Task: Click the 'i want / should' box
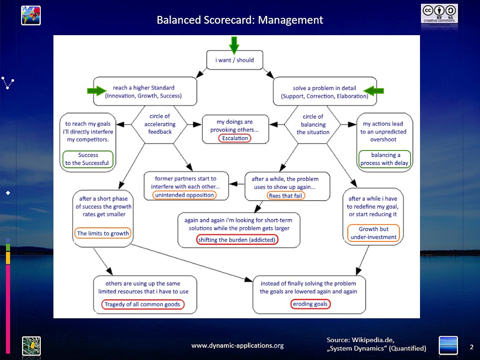pyautogui.click(x=235, y=60)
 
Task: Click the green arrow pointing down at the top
pyautogui.click(x=234, y=45)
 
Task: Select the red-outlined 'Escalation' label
pyautogui.click(x=235, y=138)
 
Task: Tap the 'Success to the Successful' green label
pyautogui.click(x=88, y=159)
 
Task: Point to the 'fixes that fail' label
pyautogui.click(x=285, y=195)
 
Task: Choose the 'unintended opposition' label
pyautogui.click(x=185, y=195)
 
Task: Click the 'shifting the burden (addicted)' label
pyautogui.click(x=237, y=240)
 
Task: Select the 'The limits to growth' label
pyautogui.click(x=103, y=233)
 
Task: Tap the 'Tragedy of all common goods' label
pyautogui.click(x=142, y=304)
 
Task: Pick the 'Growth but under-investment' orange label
pyautogui.click(x=374, y=233)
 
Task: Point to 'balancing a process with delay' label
pyautogui.click(x=384, y=159)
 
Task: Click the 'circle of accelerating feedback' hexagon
pyautogui.click(x=159, y=124)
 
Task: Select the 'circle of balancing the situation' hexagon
pyautogui.click(x=313, y=124)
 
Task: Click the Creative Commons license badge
pyautogui.click(x=439, y=13)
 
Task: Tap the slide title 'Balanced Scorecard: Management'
pyautogui.click(x=240, y=20)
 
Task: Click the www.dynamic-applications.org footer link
pyautogui.click(x=237, y=345)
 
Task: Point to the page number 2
pyautogui.click(x=472, y=347)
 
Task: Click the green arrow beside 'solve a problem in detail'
pyautogui.click(x=374, y=90)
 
